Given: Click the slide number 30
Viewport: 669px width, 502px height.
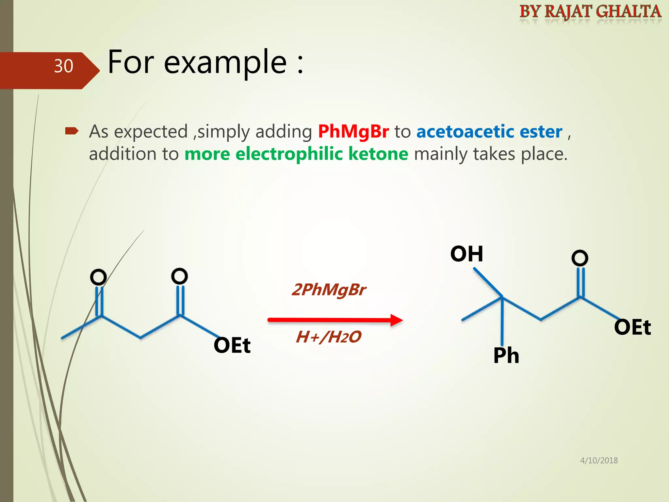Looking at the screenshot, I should (63, 66).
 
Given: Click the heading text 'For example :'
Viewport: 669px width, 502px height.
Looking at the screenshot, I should (205, 62).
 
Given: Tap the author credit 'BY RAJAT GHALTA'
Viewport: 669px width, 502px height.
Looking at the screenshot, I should (590, 12).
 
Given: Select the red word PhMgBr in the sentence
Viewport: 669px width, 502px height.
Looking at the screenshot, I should (353, 132).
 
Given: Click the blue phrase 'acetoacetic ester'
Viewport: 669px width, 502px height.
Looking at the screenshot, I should (489, 132).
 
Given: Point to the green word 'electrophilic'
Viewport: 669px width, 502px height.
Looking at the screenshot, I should (289, 154).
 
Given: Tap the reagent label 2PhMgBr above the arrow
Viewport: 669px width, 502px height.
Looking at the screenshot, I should (329, 290).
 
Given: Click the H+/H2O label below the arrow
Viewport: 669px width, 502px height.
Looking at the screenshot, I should (329, 337).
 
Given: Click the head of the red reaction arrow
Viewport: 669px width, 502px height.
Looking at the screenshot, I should (397, 320).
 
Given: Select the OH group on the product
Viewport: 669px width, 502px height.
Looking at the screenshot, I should (466, 254).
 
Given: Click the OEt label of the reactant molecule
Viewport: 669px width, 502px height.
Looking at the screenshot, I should (232, 345).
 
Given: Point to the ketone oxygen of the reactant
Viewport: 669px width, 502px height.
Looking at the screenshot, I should (98, 277).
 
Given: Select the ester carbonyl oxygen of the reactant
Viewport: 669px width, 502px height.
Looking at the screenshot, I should (179, 276).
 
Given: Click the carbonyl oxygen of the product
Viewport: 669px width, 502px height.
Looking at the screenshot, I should (580, 258).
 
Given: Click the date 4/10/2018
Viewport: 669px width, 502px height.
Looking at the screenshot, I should (599, 460).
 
